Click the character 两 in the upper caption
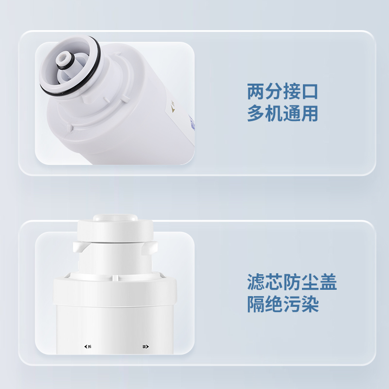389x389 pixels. [256, 91]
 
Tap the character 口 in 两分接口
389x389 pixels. [309, 91]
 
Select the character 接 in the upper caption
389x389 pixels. [291, 91]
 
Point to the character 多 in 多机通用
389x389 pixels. [256, 113]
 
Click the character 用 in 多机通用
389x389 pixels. [309, 113]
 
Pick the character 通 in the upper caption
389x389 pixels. [291, 113]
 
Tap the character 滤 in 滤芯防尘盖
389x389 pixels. [256, 282]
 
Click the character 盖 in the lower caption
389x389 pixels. [328, 282]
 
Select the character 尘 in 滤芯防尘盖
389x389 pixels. [310, 282]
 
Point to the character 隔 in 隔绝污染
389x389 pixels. [256, 304]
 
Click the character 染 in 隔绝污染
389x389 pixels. [310, 304]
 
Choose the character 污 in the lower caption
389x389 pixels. [292, 304]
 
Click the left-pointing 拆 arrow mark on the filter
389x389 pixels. [88, 346]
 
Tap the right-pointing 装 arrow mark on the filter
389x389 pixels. [145, 346]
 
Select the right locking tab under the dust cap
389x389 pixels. [150, 247]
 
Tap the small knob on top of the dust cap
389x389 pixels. [115, 217]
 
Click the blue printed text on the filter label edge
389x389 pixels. [192, 123]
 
